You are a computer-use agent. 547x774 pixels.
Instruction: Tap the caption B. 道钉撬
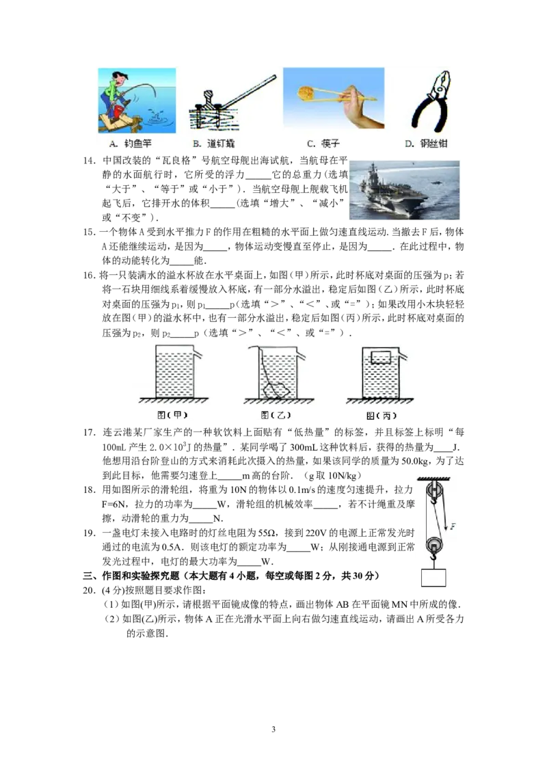(213, 144)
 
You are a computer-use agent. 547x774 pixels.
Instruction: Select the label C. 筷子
(323, 144)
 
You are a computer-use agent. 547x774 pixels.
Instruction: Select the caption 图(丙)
(381, 415)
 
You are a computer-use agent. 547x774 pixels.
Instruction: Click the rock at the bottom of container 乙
(274, 389)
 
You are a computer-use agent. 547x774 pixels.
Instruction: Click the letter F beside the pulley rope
(452, 527)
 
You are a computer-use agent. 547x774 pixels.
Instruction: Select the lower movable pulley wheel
(434, 546)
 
